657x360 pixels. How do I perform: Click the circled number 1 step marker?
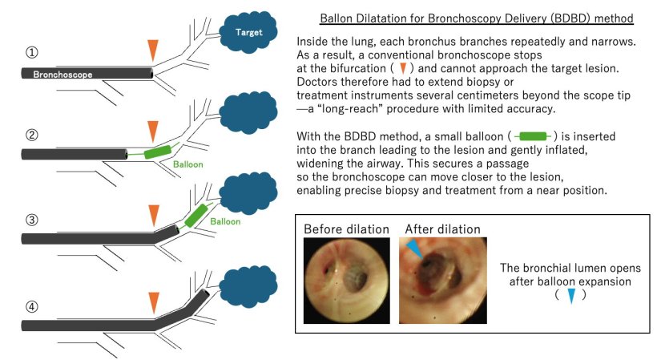click(x=32, y=54)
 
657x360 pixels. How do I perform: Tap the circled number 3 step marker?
click(x=32, y=219)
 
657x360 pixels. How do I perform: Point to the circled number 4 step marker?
click(x=32, y=305)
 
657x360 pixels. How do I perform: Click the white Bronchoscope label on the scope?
click(x=62, y=74)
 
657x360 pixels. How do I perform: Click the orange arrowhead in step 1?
click(x=152, y=51)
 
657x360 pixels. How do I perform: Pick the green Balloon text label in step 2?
click(x=187, y=163)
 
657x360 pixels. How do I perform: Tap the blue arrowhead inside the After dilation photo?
click(x=412, y=250)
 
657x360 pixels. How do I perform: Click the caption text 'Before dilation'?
click(x=346, y=229)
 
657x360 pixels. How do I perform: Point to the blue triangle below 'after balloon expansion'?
click(x=570, y=296)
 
